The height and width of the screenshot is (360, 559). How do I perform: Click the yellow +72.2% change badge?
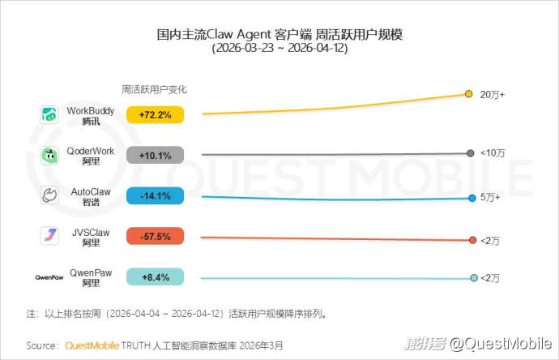coord(155,115)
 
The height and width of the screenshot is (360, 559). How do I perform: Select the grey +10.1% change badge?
coord(155,156)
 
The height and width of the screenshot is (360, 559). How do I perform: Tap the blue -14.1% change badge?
coord(155,195)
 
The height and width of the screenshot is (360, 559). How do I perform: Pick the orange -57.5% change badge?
coord(155,237)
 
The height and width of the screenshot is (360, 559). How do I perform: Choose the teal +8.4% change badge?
coord(155,277)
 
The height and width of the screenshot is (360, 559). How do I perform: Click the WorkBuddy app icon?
coord(49,114)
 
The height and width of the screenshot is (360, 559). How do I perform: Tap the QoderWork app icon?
coord(49,155)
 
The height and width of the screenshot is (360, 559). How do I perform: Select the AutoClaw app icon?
coord(49,195)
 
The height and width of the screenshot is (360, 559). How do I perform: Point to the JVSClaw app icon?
coord(49,236)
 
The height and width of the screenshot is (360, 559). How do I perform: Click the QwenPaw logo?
coord(49,277)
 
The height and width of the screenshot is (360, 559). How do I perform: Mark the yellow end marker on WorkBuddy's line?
coord(468,94)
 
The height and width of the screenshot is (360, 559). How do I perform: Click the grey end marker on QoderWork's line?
coord(471,153)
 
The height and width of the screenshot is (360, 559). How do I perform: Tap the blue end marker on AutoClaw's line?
coord(471,198)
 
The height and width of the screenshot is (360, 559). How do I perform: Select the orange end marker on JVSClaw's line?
coord(472,239)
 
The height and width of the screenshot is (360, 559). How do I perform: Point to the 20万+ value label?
coord(493,95)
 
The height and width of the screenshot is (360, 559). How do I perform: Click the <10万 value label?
coord(493,153)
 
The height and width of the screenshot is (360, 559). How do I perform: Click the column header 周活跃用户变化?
coord(154,89)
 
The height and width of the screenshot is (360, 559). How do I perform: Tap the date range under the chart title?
coord(279,49)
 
